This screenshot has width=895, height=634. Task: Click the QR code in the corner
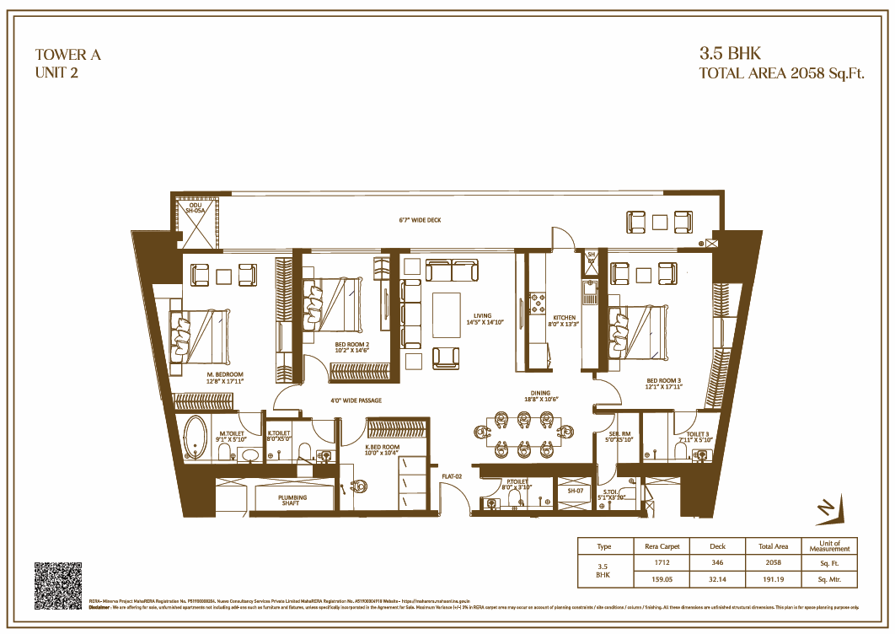[58, 585]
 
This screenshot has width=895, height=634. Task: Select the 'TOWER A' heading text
[67, 55]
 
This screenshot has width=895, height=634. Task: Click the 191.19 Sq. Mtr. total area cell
[773, 580]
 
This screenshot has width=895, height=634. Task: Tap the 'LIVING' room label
[482, 316]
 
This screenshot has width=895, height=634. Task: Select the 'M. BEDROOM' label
[224, 374]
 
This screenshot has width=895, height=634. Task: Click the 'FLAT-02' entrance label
[453, 477]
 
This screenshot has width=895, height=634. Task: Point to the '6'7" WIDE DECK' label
[420, 221]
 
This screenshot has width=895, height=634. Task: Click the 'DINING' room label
[540, 393]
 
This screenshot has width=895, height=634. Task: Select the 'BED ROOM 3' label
[664, 380]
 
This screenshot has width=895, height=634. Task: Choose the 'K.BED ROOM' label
[382, 447]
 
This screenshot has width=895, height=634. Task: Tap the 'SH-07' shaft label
[576, 490]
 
